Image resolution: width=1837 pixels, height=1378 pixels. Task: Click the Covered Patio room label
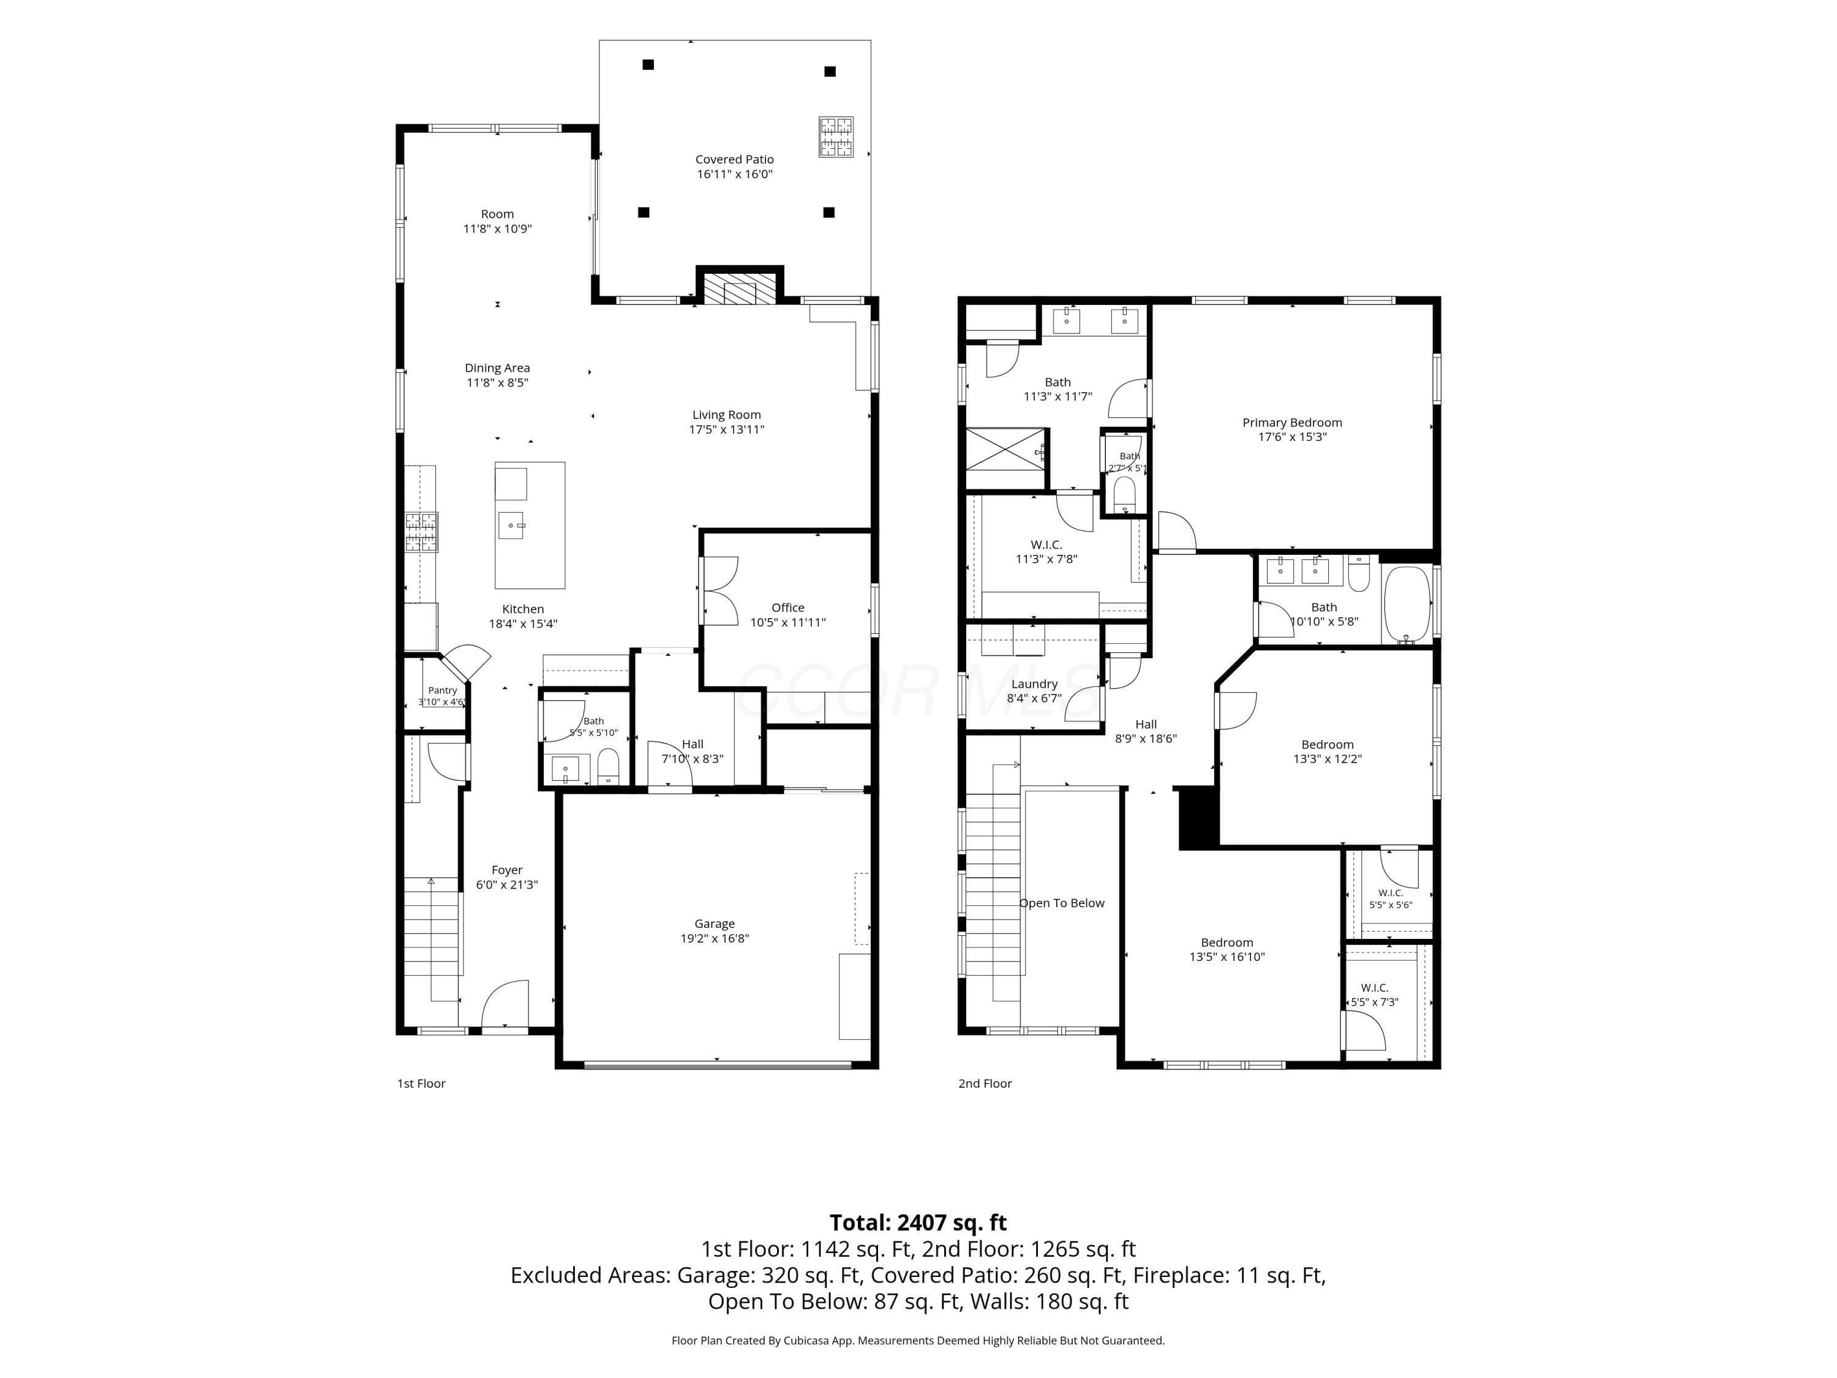click(734, 159)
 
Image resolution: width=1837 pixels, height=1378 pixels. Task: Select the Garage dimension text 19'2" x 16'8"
click(714, 938)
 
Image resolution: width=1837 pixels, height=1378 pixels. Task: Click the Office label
click(787, 607)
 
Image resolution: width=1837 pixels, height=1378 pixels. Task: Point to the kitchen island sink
click(511, 525)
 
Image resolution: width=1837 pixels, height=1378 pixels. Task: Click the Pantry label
click(443, 690)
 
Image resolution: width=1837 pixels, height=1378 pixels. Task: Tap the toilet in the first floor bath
click(609, 766)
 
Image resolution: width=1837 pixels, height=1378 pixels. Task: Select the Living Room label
click(727, 415)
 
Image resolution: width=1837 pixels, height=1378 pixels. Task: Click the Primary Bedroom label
click(1292, 422)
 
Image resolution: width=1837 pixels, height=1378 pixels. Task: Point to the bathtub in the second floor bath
click(1407, 604)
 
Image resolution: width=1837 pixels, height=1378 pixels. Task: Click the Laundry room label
click(1034, 683)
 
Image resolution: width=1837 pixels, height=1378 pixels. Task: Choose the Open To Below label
click(1062, 903)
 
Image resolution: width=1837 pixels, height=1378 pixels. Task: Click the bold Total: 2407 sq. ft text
click(918, 1222)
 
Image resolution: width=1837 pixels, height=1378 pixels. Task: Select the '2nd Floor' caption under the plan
click(985, 1083)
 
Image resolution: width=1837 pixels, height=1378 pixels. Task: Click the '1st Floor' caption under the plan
click(421, 1083)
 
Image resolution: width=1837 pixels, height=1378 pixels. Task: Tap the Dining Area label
click(497, 367)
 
